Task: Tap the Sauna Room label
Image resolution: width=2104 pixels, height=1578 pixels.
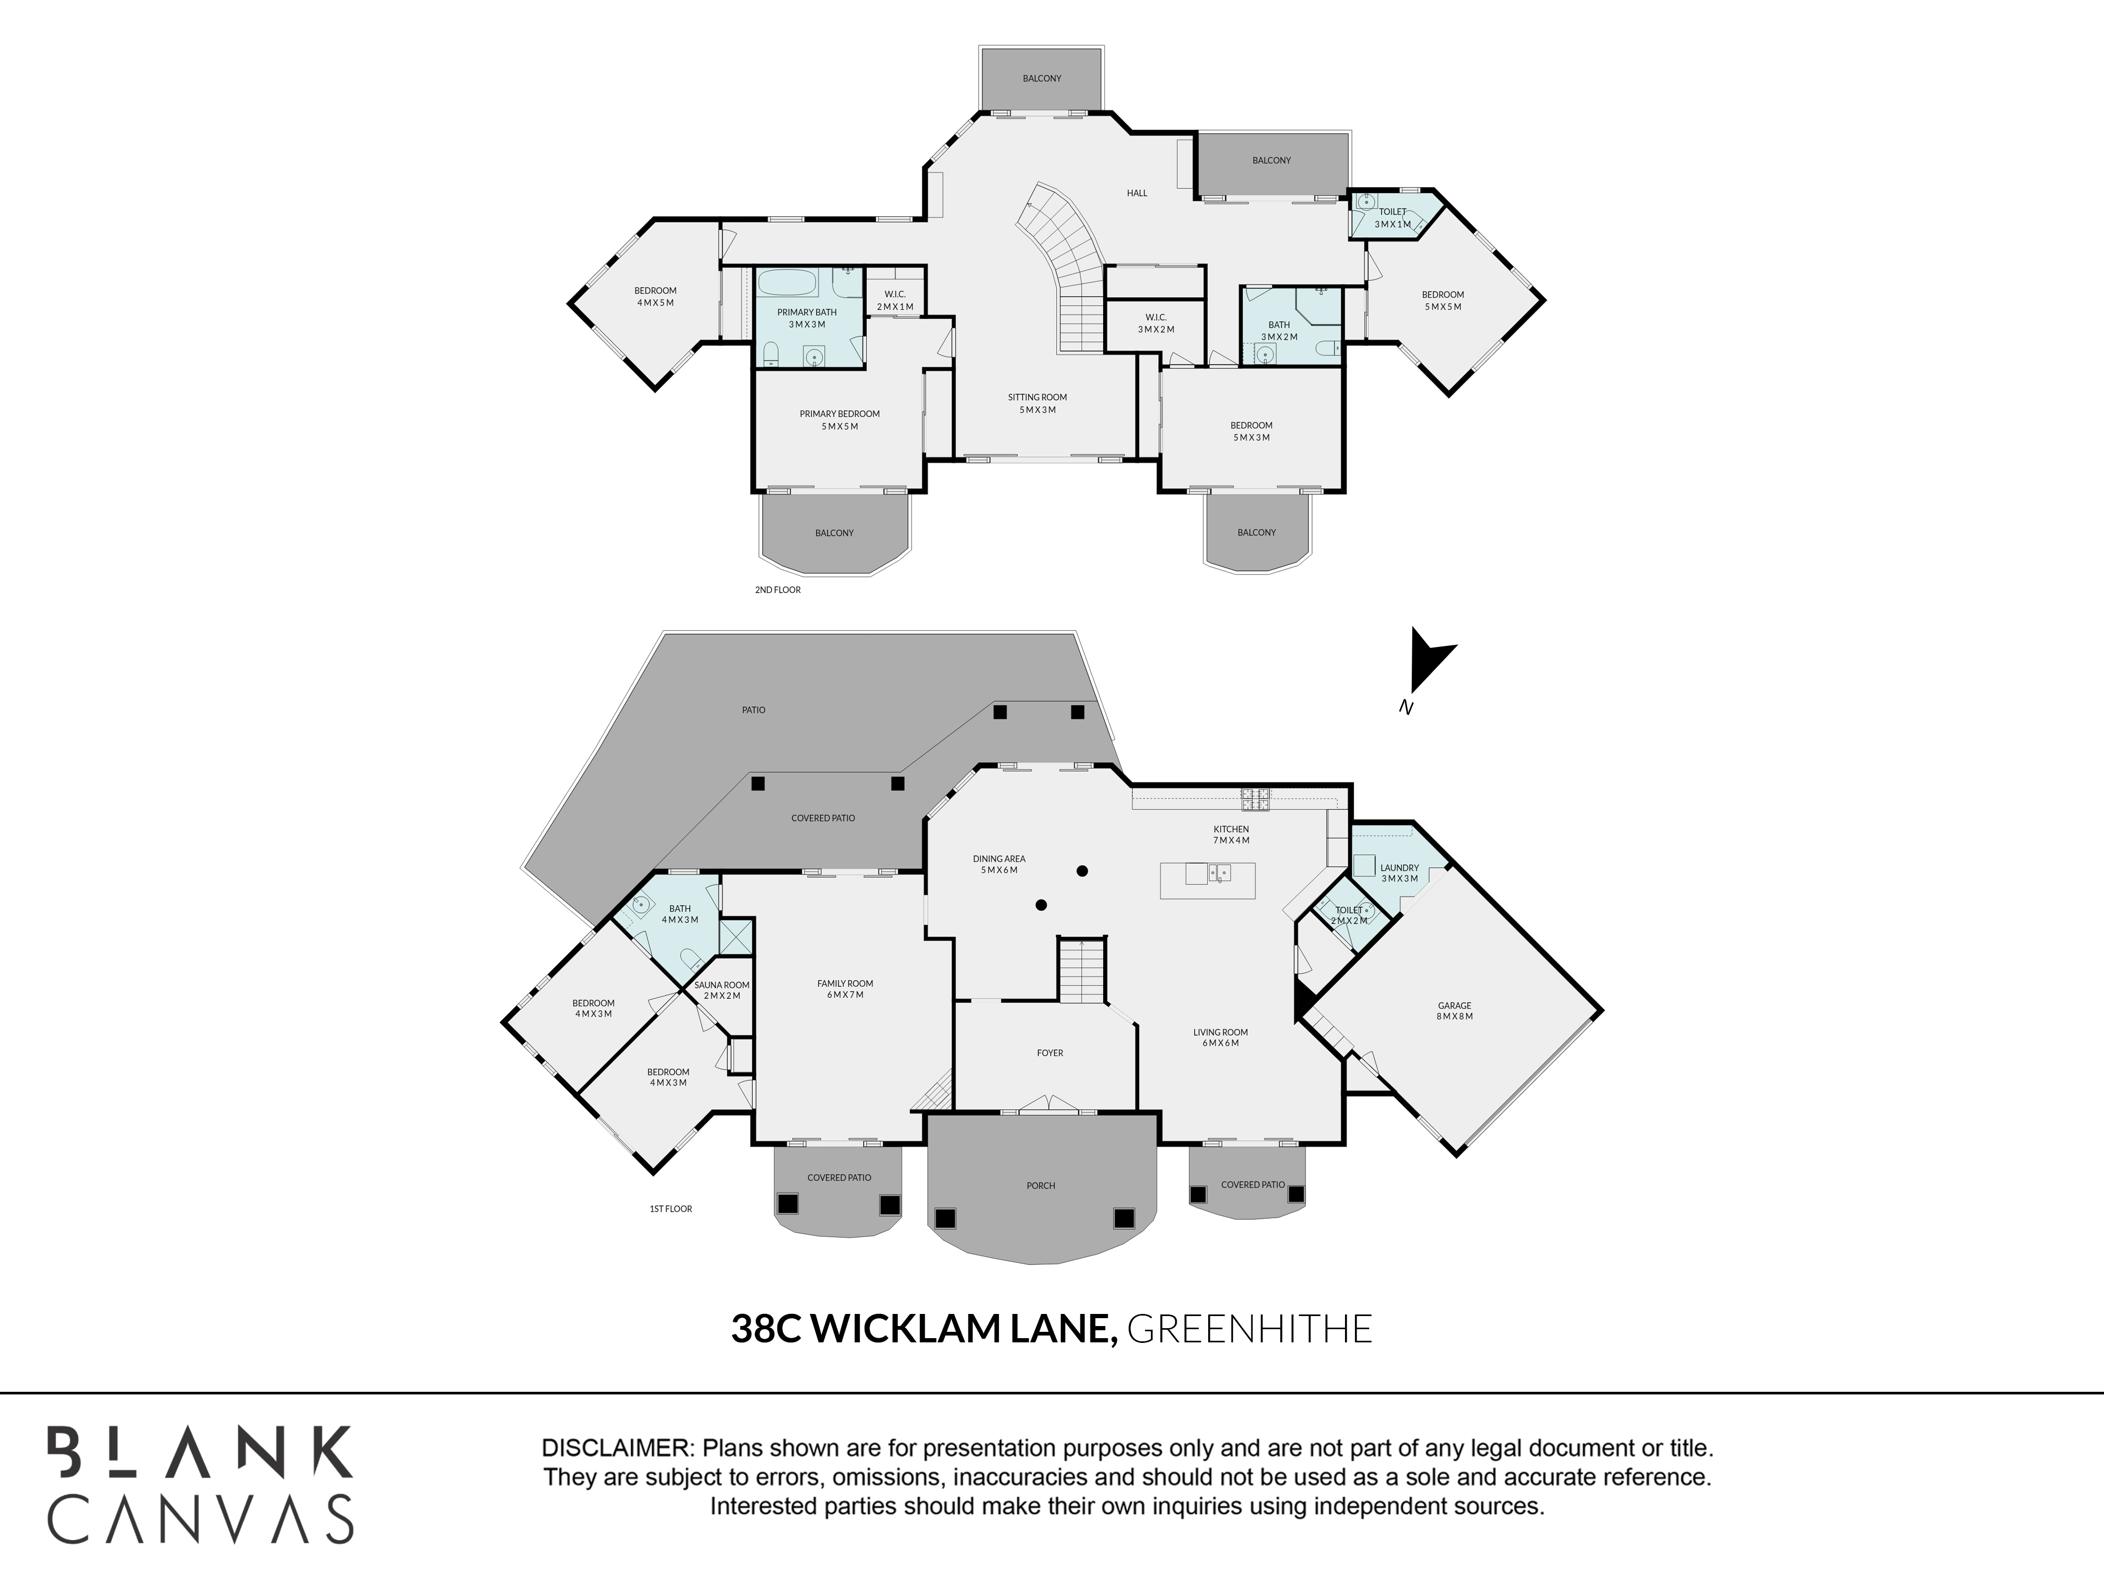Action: coord(722,990)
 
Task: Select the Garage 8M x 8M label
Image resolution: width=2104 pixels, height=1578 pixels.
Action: coord(1454,1010)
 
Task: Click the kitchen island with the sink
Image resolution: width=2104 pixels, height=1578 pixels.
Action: coord(1207,880)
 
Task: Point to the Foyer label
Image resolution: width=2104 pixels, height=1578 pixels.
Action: coord(1050,1053)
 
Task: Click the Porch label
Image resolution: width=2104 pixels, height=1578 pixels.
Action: coord(1040,1186)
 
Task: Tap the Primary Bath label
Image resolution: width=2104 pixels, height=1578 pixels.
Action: coord(806,318)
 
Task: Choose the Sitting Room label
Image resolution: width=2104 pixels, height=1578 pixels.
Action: coord(1038,403)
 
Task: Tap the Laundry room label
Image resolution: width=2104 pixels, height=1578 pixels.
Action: coord(1399,872)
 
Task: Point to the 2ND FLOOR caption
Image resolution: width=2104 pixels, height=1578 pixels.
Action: coord(778,590)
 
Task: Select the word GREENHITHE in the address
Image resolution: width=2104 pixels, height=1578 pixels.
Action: coord(1250,1329)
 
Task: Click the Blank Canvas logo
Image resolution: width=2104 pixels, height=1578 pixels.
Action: coord(201,1485)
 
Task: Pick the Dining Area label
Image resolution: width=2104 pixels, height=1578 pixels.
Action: coord(999,864)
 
